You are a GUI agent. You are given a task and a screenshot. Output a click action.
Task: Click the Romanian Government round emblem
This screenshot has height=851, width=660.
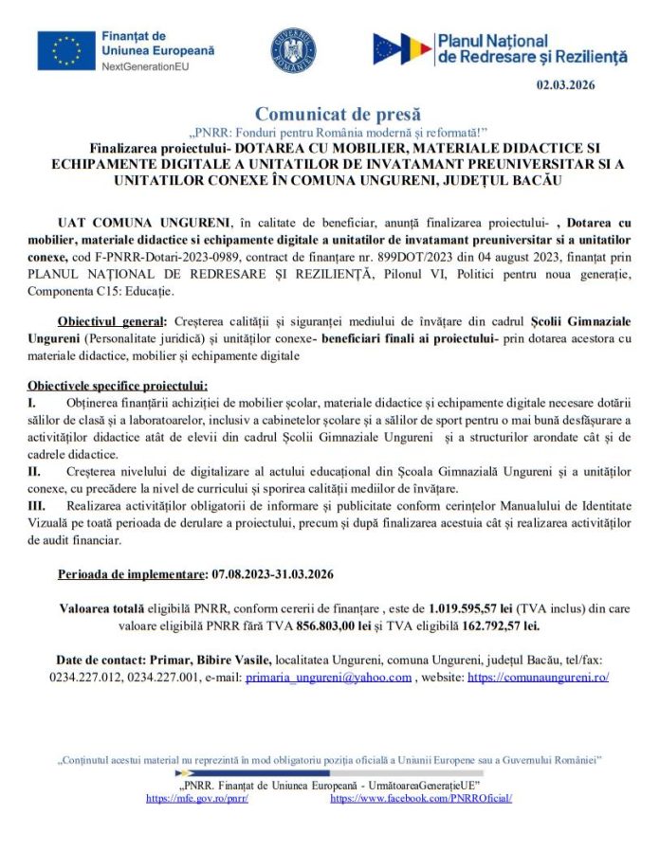tap(293, 50)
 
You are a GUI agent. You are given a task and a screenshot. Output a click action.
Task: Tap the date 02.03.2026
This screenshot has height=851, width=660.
tap(565, 85)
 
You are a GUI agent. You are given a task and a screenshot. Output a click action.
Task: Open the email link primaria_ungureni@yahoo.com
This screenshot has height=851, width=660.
tap(328, 678)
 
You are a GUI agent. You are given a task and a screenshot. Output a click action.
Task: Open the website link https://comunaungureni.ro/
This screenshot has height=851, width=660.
tap(539, 678)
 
